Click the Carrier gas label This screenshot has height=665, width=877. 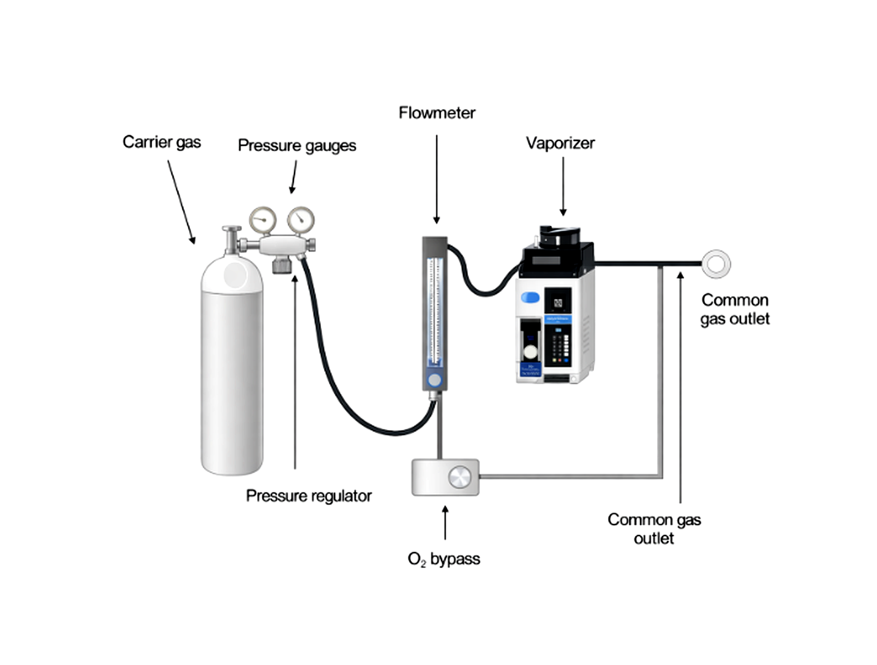click(162, 142)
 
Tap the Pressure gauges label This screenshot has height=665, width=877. click(296, 146)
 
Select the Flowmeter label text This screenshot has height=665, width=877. click(437, 113)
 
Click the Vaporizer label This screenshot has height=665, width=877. click(560, 143)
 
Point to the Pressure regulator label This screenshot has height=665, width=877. click(309, 496)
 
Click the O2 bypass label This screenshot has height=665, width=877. click(444, 559)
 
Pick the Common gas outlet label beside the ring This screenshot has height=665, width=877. click(735, 309)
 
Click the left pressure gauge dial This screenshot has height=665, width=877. click(262, 219)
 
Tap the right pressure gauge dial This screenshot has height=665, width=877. click(301, 219)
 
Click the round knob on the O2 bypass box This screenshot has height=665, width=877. click(459, 477)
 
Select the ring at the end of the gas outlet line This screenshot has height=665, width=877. click(716, 264)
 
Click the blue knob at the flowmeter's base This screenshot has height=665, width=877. click(434, 381)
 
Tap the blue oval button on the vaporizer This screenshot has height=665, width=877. click(530, 298)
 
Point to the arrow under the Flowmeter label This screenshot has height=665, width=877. click(437, 179)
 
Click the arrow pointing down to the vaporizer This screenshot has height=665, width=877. click(563, 186)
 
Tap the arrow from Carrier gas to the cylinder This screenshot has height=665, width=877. click(181, 202)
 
